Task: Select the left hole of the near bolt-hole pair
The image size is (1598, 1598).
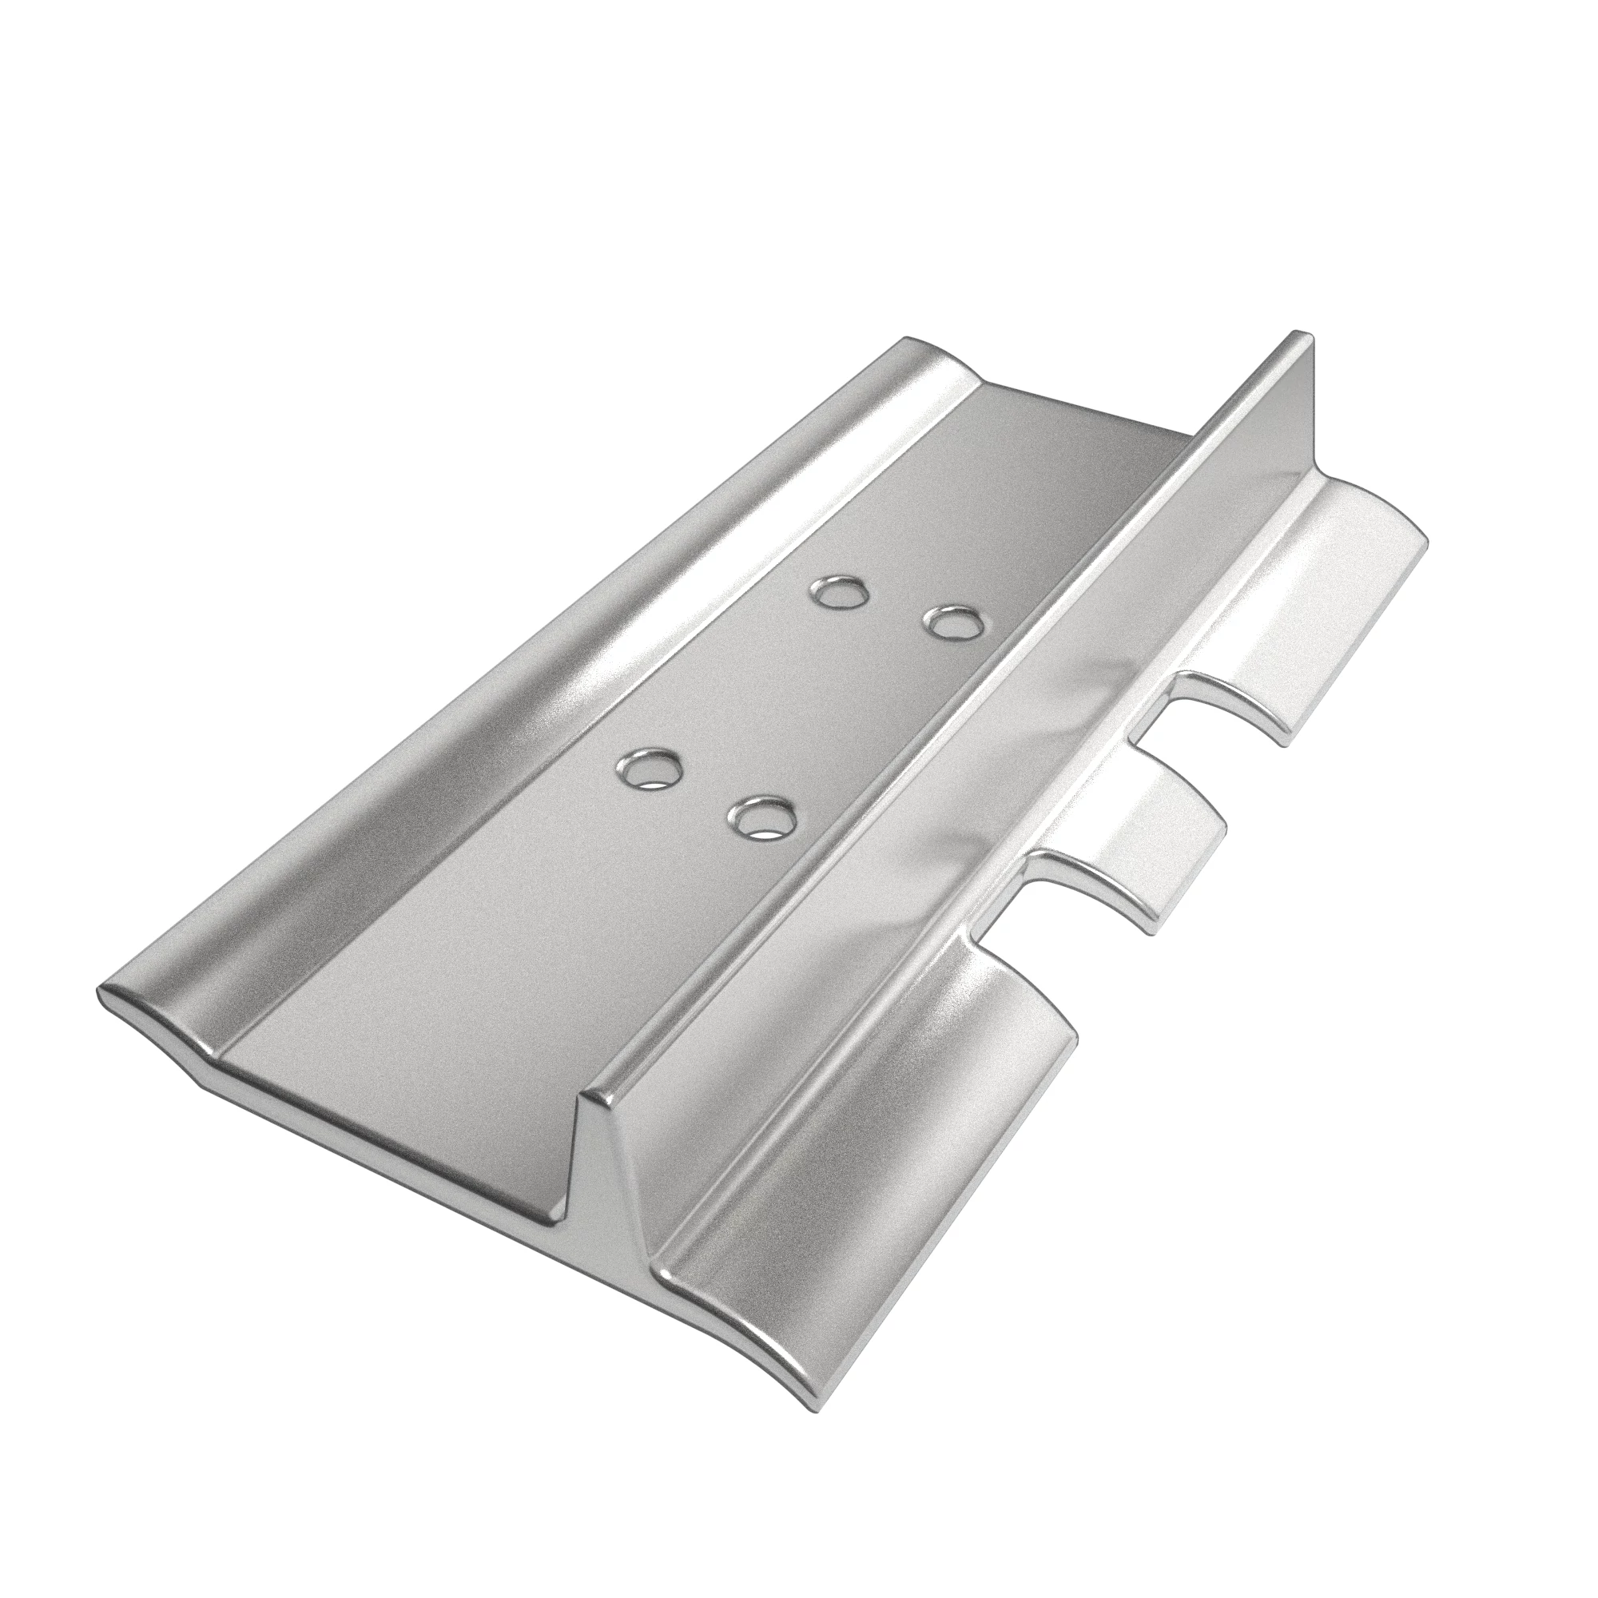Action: (650, 769)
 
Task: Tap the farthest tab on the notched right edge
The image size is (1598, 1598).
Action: (1323, 579)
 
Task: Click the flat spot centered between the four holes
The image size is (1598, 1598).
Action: (802, 703)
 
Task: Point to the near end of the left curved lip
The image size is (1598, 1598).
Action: (149, 1026)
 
